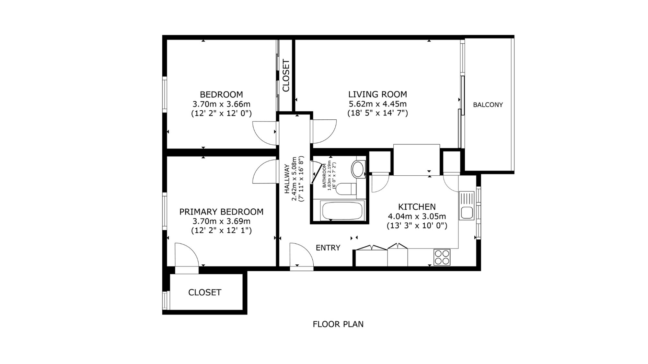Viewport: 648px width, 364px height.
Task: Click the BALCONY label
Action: click(488, 105)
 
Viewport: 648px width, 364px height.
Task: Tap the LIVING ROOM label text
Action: click(377, 94)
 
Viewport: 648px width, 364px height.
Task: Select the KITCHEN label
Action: click(417, 207)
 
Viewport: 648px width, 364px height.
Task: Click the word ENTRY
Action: click(328, 248)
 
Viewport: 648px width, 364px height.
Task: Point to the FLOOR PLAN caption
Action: click(338, 324)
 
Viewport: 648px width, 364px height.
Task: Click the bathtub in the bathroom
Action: click(342, 211)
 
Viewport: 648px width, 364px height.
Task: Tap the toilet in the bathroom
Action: click(346, 189)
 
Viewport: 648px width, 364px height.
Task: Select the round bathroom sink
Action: click(358, 169)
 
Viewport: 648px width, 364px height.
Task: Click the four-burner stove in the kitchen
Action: click(442, 257)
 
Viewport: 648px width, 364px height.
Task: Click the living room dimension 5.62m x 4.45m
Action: click(377, 104)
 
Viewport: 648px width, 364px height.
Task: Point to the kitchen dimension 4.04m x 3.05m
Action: click(417, 216)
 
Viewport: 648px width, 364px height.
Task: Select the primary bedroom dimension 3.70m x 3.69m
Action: click(221, 221)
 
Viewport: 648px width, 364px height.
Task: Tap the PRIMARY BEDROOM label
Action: click(221, 212)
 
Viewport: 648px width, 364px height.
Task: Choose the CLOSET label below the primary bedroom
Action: click(205, 292)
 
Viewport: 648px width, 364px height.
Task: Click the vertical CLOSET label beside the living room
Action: click(286, 75)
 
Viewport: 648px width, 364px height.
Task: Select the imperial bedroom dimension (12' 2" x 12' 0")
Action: click(221, 113)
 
